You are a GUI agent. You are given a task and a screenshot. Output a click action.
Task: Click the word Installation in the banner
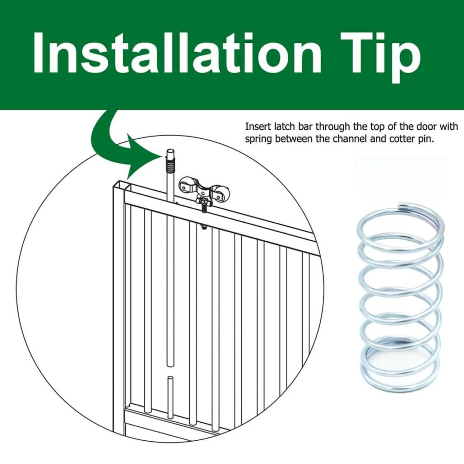coord(177,53)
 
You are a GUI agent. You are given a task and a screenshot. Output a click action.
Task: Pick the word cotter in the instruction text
coord(403,139)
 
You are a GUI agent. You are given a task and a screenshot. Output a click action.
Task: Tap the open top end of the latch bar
coord(170,151)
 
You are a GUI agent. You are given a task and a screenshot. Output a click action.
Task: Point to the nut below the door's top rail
coord(204,227)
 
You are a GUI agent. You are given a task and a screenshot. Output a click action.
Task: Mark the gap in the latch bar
coord(170,371)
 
